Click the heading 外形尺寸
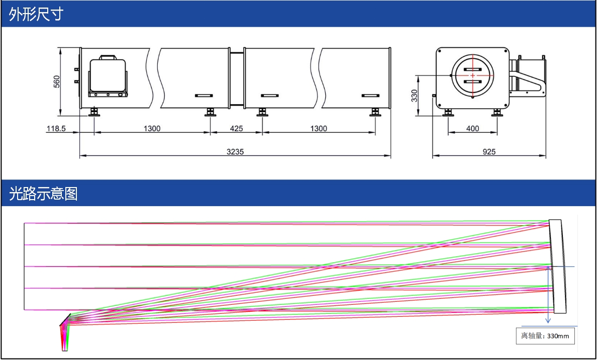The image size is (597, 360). (36, 15)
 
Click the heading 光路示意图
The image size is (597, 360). (43, 194)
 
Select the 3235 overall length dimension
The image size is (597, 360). (235, 152)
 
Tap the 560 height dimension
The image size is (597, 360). (56, 81)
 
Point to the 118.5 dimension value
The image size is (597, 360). (56, 128)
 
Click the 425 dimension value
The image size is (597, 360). (236, 128)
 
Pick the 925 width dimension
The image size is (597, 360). (488, 152)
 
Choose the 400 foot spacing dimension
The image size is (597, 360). (472, 128)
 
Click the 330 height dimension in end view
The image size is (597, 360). (415, 96)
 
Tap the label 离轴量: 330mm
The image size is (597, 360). (545, 336)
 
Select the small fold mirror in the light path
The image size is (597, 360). (65, 319)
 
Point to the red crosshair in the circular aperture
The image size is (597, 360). (472, 75)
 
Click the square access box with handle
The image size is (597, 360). (107, 76)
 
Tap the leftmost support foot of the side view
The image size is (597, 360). (94, 112)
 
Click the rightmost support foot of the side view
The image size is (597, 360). (375, 112)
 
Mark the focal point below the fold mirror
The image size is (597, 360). (64, 348)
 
